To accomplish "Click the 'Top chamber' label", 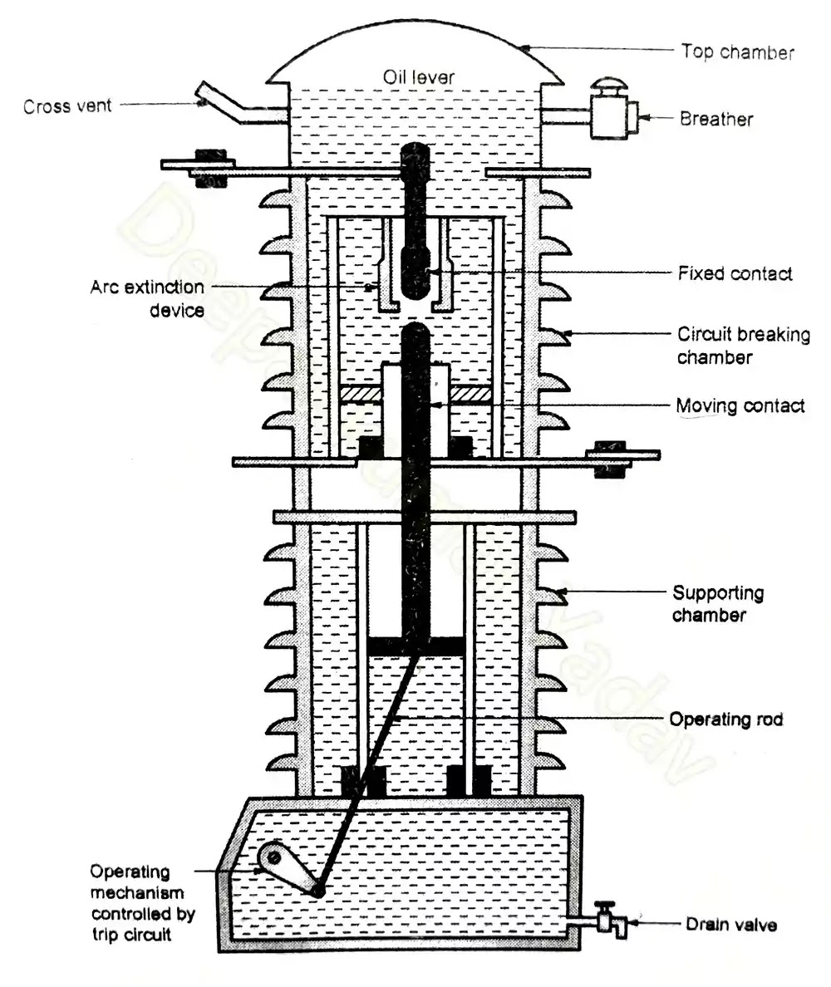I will [737, 52].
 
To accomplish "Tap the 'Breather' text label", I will [716, 119].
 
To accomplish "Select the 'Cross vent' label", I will [67, 106].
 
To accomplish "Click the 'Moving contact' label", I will [740, 406].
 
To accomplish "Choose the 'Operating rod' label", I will [726, 719].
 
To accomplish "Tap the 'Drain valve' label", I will [731, 924].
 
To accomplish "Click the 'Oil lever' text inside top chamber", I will [418, 77].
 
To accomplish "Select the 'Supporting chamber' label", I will [718, 604].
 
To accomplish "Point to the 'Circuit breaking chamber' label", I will [743, 346].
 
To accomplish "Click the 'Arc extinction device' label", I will [147, 298].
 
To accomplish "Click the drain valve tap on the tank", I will [609, 921].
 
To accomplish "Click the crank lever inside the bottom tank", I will [287, 871].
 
